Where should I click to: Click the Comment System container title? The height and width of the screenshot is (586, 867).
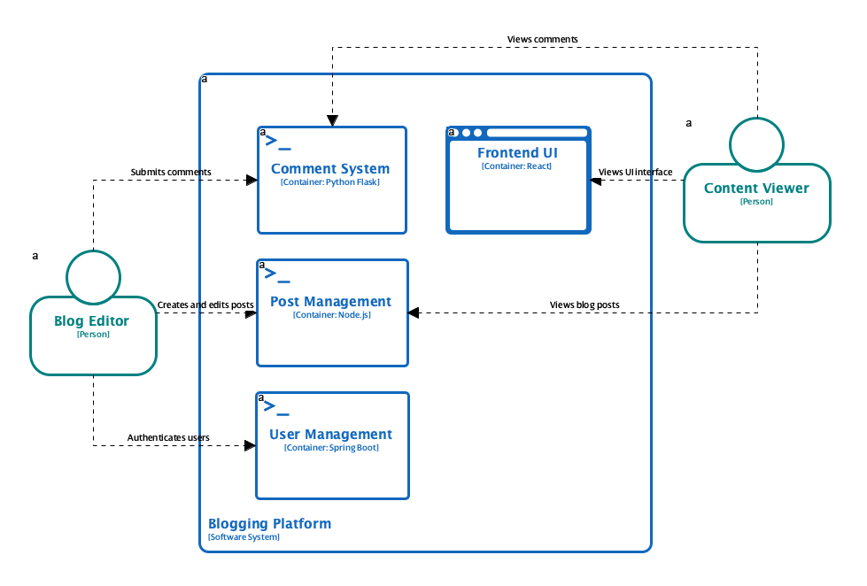[x=330, y=169]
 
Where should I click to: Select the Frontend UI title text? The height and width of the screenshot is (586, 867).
[x=517, y=153]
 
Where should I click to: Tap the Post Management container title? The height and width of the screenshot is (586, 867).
[x=330, y=302]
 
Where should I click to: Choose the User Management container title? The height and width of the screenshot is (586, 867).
[x=330, y=435]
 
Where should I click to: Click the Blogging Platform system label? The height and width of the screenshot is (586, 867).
[x=269, y=523]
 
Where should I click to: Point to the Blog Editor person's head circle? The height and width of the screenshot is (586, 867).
[x=93, y=274]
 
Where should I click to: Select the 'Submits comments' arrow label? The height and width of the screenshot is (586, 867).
[x=171, y=172]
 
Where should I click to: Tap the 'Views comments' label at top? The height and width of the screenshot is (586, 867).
[x=543, y=40]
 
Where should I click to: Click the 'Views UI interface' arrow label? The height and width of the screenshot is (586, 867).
[x=636, y=172]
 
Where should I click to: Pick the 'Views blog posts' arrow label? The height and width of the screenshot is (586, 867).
[x=584, y=305]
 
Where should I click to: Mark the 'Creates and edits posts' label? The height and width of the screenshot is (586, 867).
[x=205, y=305]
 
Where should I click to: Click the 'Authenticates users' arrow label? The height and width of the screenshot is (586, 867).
[x=168, y=437]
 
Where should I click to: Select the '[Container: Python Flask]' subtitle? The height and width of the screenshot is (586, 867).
[x=330, y=182]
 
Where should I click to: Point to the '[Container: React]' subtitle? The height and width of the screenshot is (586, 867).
[x=517, y=166]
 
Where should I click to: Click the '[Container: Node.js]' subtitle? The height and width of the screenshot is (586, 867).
[x=330, y=315]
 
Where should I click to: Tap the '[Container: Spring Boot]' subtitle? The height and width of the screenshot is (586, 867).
[x=330, y=448]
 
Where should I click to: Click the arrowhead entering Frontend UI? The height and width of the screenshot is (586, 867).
[x=596, y=181]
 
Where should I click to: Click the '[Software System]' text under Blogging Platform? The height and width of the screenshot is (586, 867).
[x=244, y=537]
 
